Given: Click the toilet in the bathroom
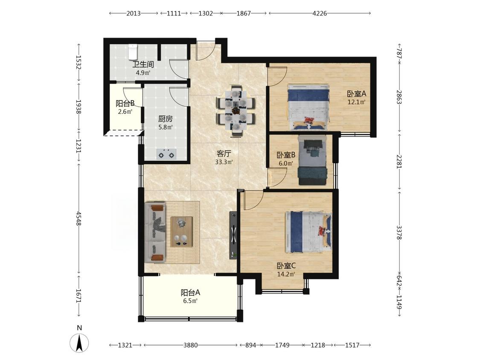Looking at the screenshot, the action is coord(133,52).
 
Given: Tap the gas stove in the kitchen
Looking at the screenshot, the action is coord(166,154).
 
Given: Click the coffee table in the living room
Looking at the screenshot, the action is coord(181,232).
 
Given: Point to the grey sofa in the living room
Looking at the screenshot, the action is coord(155,232).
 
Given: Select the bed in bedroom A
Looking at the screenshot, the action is coord(308,107).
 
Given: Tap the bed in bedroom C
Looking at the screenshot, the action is coord(308,232).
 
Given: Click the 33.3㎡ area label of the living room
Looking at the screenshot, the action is coord(224,162).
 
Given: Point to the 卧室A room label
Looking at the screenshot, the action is coord(356,94).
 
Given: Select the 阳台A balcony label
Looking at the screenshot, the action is coord(190,293).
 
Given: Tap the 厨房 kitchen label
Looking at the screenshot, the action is coord(165,119).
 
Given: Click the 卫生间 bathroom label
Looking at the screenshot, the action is coord(143,64).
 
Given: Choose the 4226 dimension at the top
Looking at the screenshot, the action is coord(320,13).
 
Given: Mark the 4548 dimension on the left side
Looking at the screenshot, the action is coord(79,218).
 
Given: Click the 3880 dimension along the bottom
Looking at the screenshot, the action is coord(190,345).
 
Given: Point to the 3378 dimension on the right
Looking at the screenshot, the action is coord(399,232).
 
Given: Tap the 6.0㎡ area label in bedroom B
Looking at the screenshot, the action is coord(285,163).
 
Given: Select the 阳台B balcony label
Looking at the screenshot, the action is coord(125,104).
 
